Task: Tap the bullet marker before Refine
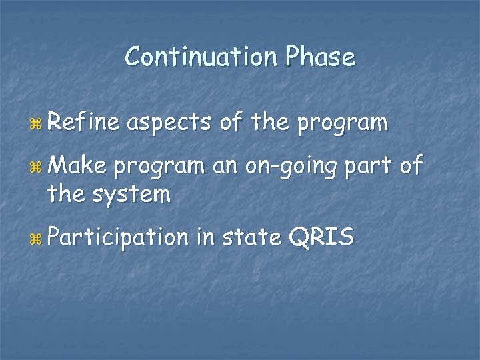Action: coord(36,124)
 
